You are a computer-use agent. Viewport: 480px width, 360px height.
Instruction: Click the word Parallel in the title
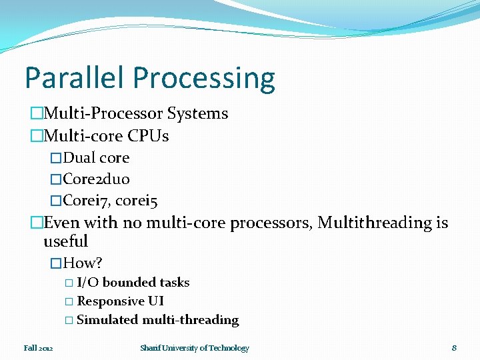point(75,78)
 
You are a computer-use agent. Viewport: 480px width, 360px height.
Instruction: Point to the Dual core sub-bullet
point(96,158)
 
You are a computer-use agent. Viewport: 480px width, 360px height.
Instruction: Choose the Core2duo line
point(97,179)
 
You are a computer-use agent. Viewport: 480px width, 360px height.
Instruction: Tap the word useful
point(65,241)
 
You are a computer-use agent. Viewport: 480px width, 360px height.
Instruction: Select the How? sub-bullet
point(83,263)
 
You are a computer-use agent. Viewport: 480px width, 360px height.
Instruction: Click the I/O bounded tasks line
point(133,283)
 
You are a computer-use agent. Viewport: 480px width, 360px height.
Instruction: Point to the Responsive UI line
point(121,301)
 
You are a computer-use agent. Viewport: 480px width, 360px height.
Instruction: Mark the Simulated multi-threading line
point(157,320)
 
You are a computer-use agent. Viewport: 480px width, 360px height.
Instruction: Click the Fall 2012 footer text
point(39,348)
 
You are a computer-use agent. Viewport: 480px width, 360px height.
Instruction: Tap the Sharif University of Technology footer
point(195,348)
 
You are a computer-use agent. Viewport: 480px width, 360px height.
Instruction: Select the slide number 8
point(454,348)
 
